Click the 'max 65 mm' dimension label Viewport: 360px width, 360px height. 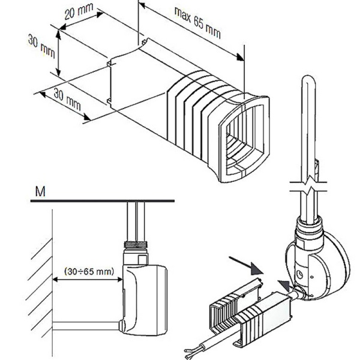coord(197,22)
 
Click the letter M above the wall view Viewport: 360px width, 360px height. coord(40,191)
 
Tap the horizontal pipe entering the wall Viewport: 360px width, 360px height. coord(84,327)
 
